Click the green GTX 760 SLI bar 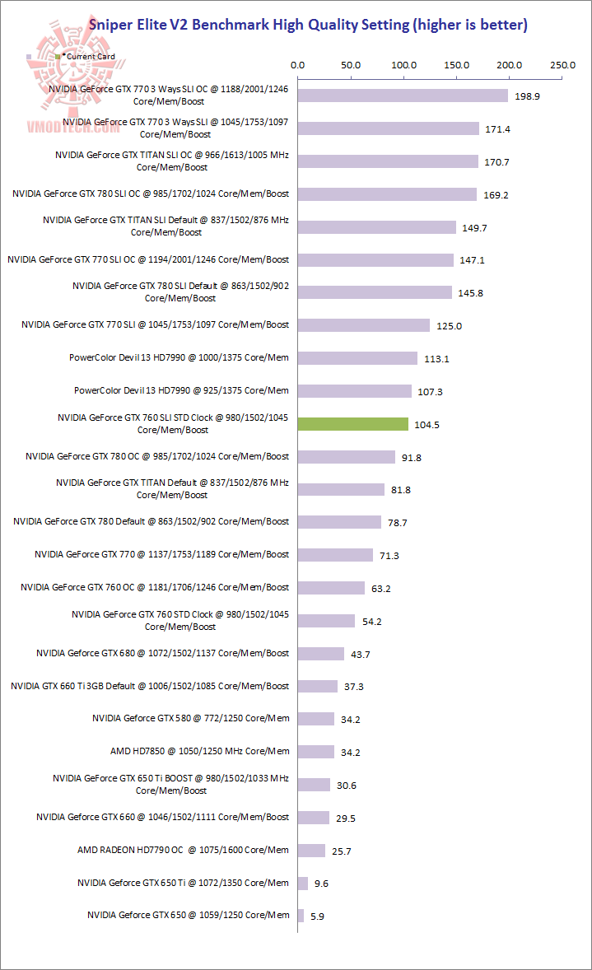353,424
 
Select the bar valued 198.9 403,96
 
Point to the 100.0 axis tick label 403,64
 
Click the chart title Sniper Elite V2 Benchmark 309,25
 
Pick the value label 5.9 317,916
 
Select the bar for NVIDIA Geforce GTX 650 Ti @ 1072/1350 303,884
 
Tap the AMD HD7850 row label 200,751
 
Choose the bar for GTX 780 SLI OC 387,194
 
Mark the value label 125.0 449,326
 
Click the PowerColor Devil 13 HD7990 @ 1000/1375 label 179,357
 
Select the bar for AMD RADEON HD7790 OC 311,851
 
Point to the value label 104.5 427,425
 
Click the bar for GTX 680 321,654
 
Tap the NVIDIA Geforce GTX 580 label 191,718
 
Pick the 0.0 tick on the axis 298,64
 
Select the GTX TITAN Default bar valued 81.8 341,489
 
